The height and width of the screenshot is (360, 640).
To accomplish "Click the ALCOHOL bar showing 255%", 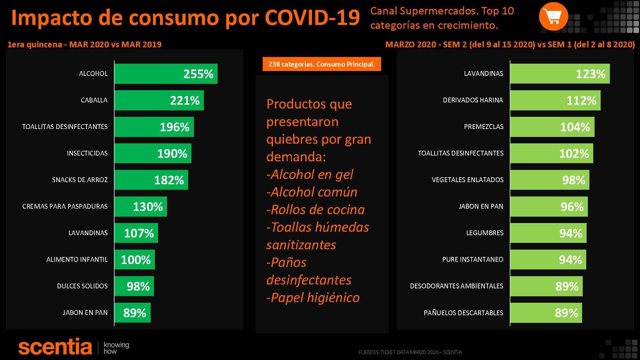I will (x=166, y=74).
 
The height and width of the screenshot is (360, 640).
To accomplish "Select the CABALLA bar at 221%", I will (x=159, y=100).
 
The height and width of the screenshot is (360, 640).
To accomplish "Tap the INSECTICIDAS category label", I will (x=87, y=153).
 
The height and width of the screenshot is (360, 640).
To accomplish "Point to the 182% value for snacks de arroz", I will (x=169, y=180).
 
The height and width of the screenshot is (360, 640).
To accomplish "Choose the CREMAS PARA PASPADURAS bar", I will (x=140, y=206).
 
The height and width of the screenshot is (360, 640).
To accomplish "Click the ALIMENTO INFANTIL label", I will (x=77, y=260).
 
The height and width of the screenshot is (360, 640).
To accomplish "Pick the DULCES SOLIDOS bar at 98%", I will (x=134, y=286).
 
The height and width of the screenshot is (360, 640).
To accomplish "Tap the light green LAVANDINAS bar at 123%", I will (x=560, y=74).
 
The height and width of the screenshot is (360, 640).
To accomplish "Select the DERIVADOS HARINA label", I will (x=473, y=100).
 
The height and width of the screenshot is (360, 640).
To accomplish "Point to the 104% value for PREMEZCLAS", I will (x=575, y=127).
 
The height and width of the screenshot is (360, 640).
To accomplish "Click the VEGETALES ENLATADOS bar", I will (x=549, y=180).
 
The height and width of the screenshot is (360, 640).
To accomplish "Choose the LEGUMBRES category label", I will (x=484, y=233).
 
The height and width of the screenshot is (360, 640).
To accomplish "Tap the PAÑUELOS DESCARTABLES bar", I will (x=546, y=313).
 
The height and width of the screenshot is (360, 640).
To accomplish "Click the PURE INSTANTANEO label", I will (x=472, y=260).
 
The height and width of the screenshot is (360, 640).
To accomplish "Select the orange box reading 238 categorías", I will (x=322, y=64).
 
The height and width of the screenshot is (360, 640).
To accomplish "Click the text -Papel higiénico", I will (x=313, y=298).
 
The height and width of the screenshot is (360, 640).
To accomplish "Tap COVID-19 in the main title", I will (x=313, y=18).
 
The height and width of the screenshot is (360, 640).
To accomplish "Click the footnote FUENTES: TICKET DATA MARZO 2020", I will (x=410, y=352).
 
